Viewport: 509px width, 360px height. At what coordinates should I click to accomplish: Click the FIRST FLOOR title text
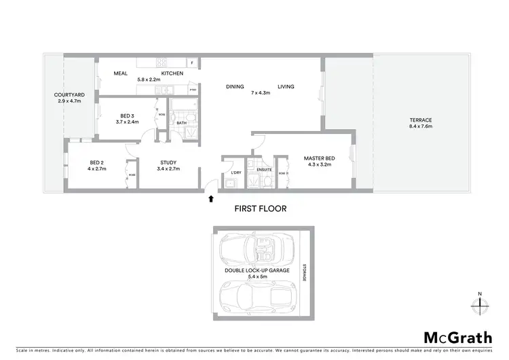coord(261,209)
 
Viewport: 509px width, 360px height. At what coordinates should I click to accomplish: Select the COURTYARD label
coord(69,95)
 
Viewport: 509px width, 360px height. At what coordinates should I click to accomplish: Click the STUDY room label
coord(168,162)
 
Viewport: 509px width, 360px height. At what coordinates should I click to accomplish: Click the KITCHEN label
coord(172,73)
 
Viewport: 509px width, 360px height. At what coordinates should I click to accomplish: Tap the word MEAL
coord(121,73)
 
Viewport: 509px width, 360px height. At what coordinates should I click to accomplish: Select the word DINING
coord(235,86)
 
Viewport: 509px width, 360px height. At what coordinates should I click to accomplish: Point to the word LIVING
coord(286,86)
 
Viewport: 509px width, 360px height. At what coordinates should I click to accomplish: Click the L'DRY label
coord(235,172)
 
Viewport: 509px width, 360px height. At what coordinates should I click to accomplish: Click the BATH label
coord(181,123)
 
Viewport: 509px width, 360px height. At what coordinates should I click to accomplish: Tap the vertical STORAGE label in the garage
coord(305,272)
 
